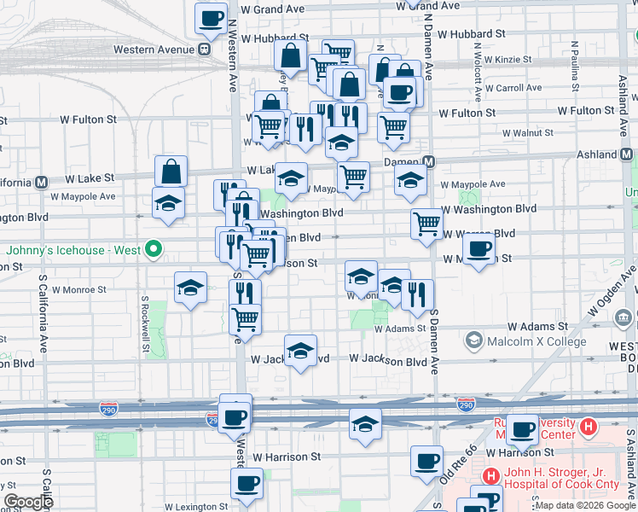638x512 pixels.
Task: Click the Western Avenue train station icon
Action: point(205,49)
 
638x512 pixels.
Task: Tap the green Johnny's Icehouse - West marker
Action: point(154,250)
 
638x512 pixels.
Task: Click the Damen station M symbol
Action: point(429,162)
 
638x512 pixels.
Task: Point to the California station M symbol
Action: point(41,182)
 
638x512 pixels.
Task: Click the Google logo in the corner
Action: point(28,502)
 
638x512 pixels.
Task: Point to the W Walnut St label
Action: point(527,133)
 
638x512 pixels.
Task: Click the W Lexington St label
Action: point(196,506)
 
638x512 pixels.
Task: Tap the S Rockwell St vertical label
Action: point(146,324)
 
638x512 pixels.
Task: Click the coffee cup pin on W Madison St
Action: point(479,247)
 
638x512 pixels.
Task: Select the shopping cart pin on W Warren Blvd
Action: point(426,224)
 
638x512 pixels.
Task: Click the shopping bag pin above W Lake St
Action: point(171,171)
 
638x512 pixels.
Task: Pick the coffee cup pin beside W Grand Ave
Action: point(211,17)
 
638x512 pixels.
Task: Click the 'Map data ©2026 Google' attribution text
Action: point(584,505)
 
